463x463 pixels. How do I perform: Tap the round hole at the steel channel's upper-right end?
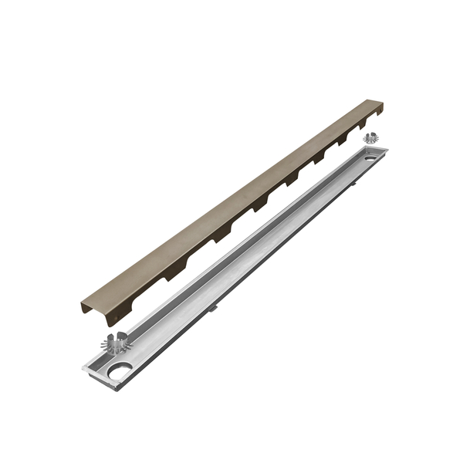[x=374, y=157]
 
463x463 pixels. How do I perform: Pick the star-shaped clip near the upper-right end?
[x=370, y=138]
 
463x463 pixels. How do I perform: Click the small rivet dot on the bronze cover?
[x=115, y=316]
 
